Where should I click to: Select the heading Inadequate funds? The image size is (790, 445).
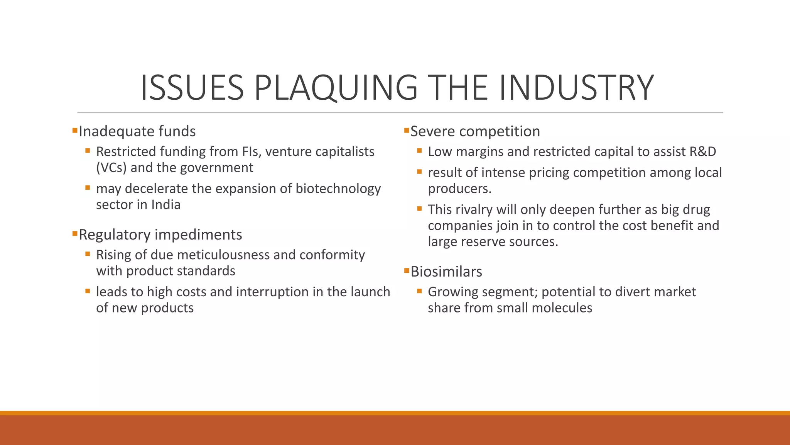[137, 131]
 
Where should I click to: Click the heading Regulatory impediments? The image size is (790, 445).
[160, 234]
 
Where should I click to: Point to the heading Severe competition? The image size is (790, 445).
[475, 131]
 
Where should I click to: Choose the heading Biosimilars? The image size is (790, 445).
[446, 272]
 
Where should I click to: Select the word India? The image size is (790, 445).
[165, 204]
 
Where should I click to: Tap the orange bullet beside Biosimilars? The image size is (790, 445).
[406, 270]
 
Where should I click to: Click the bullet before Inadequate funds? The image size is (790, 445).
[75, 130]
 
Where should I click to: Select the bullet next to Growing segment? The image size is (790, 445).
[419, 291]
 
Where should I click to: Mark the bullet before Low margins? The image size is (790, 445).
[419, 151]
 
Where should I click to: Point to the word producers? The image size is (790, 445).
[459, 189]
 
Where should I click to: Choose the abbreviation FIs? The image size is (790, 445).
[252, 151]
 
